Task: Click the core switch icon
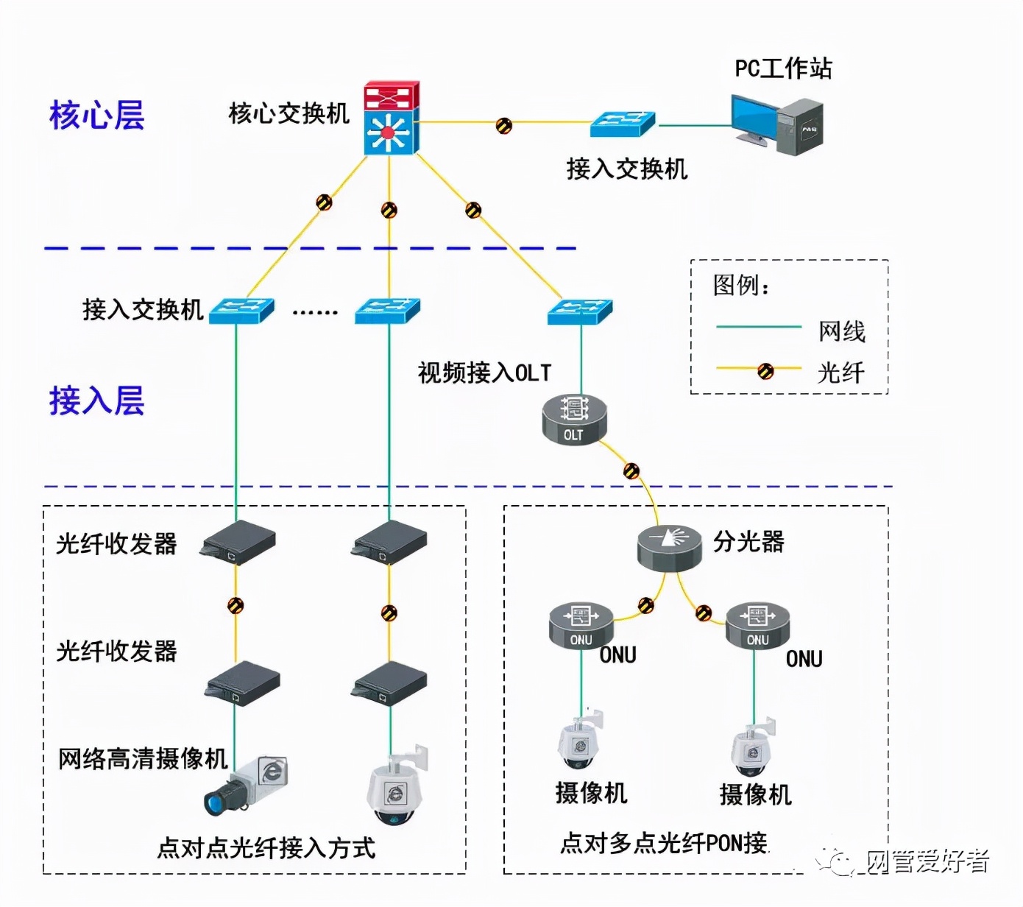[391, 118]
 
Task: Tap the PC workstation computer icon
[776, 125]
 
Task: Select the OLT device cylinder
[574, 419]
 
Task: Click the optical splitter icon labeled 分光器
[668, 548]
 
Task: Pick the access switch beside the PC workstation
[623, 124]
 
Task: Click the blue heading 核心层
[96, 116]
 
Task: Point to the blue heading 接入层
[96, 400]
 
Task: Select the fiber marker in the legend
[765, 371]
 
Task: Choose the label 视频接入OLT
[484, 373]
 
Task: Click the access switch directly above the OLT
[580, 311]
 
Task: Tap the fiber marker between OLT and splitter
[631, 471]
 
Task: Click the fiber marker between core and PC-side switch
[503, 125]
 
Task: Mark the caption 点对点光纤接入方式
[266, 848]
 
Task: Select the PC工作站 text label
[783, 68]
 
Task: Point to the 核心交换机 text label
[289, 113]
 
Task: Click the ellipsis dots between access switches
[315, 313]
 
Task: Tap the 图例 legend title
[740, 285]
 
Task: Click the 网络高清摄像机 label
[143, 758]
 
